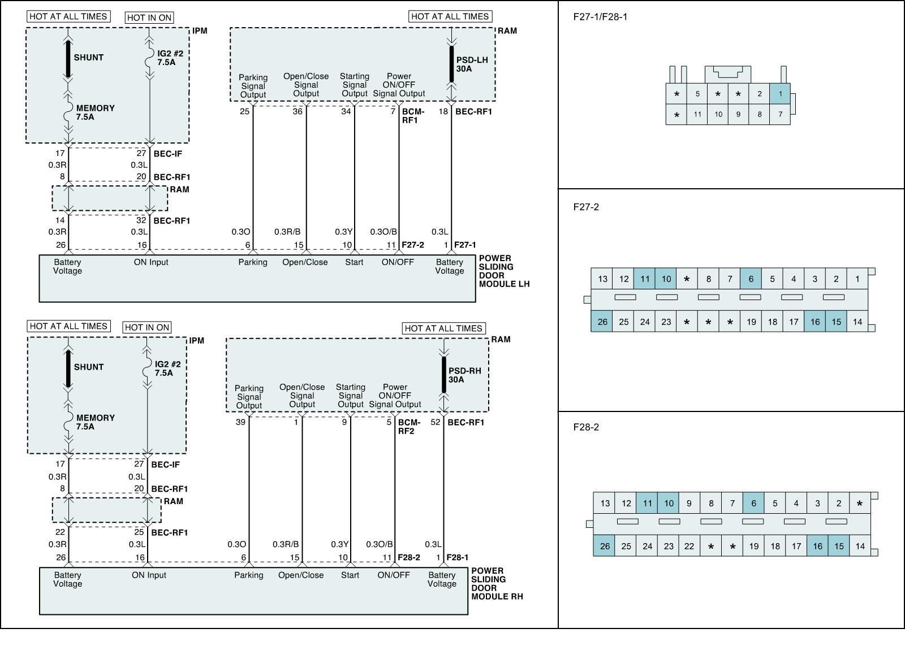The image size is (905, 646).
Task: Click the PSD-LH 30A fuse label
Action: point(472,64)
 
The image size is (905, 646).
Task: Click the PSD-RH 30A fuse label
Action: point(464,375)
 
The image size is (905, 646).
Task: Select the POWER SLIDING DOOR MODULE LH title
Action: point(503,271)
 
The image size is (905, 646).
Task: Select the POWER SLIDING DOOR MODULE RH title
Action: point(497,583)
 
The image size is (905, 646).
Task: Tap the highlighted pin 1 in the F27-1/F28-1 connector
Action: point(780,94)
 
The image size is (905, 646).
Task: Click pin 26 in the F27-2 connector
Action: point(602,322)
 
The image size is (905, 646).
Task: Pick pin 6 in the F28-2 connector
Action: point(753,503)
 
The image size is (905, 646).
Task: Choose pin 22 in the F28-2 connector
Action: point(689,546)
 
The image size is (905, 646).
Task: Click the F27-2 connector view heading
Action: point(586,207)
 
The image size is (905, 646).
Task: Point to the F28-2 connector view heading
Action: point(586,427)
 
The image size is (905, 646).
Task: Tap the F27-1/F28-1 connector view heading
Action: point(600,17)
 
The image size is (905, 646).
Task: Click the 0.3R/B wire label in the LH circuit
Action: point(287,232)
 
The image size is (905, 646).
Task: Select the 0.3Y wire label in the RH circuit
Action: point(339,544)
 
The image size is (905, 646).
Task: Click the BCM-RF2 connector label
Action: point(409,427)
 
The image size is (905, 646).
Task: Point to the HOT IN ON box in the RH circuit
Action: point(147,327)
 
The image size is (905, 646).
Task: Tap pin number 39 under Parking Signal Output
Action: point(240,422)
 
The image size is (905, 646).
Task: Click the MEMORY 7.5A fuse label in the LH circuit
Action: point(95,112)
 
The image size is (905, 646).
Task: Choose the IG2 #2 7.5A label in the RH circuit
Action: point(167,368)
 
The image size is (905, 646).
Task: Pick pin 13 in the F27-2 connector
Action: point(602,279)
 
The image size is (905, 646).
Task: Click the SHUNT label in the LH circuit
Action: point(88,57)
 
